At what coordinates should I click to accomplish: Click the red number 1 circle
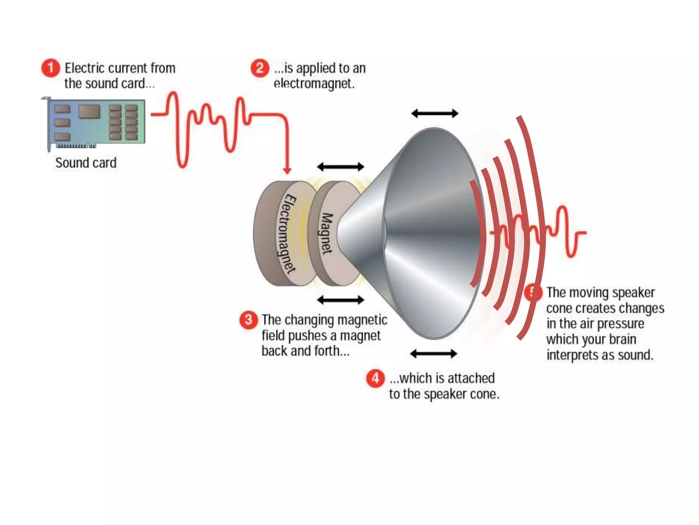pyautogui.click(x=51, y=68)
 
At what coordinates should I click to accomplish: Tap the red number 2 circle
pyautogui.click(x=260, y=68)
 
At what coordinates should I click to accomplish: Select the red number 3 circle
pyautogui.click(x=248, y=320)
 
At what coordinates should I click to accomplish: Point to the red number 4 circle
pyautogui.click(x=375, y=378)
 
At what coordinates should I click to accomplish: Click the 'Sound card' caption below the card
pyautogui.click(x=86, y=163)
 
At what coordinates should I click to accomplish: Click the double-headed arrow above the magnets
pyautogui.click(x=340, y=167)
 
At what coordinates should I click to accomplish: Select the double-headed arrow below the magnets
pyautogui.click(x=340, y=300)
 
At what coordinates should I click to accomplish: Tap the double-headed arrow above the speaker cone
pyautogui.click(x=434, y=113)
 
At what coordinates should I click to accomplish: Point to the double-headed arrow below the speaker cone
pyautogui.click(x=433, y=353)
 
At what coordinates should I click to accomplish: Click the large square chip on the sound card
pyautogui.click(x=89, y=111)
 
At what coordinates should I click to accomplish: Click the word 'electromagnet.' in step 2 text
pyautogui.click(x=314, y=83)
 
